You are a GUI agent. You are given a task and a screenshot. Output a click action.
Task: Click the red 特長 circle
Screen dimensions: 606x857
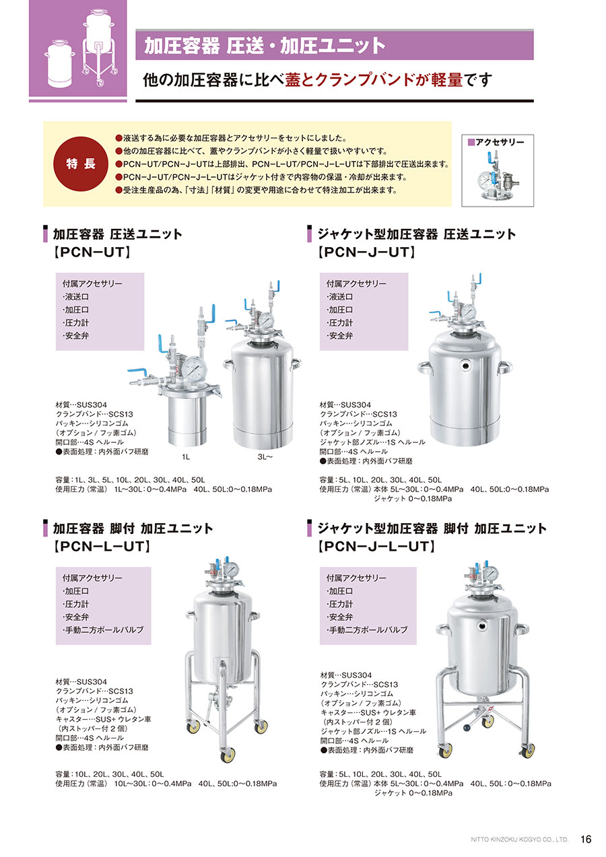tap(81, 164)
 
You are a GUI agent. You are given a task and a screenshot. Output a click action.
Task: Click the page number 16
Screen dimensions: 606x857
tap(586, 839)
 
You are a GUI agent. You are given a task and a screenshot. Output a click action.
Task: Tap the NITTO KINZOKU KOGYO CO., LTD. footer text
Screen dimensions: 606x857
tap(519, 839)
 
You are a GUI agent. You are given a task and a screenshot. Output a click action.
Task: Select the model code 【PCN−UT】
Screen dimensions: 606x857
tap(92, 252)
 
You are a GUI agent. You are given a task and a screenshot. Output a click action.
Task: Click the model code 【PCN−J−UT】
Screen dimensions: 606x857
tap(366, 252)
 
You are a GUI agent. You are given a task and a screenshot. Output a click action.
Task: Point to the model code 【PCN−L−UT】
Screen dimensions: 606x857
tap(102, 547)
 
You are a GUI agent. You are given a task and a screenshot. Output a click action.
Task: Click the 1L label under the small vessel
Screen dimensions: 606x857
tap(186, 457)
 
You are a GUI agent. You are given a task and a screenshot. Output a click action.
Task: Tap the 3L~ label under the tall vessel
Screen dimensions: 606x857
tap(265, 457)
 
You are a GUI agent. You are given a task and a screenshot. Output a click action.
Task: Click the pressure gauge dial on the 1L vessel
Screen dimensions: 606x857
tap(194, 370)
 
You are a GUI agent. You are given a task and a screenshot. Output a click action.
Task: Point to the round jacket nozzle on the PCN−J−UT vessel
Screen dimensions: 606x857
tap(465, 366)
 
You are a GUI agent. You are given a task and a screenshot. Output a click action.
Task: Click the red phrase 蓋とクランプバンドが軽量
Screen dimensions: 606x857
tap(374, 80)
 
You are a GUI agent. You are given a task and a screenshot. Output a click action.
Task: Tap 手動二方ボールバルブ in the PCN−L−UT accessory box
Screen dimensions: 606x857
tap(103, 629)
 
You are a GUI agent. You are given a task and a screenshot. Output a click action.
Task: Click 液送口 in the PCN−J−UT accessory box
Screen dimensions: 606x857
tap(340, 296)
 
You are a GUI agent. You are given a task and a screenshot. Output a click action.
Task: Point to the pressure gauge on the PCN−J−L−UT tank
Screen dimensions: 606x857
tap(491, 573)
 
